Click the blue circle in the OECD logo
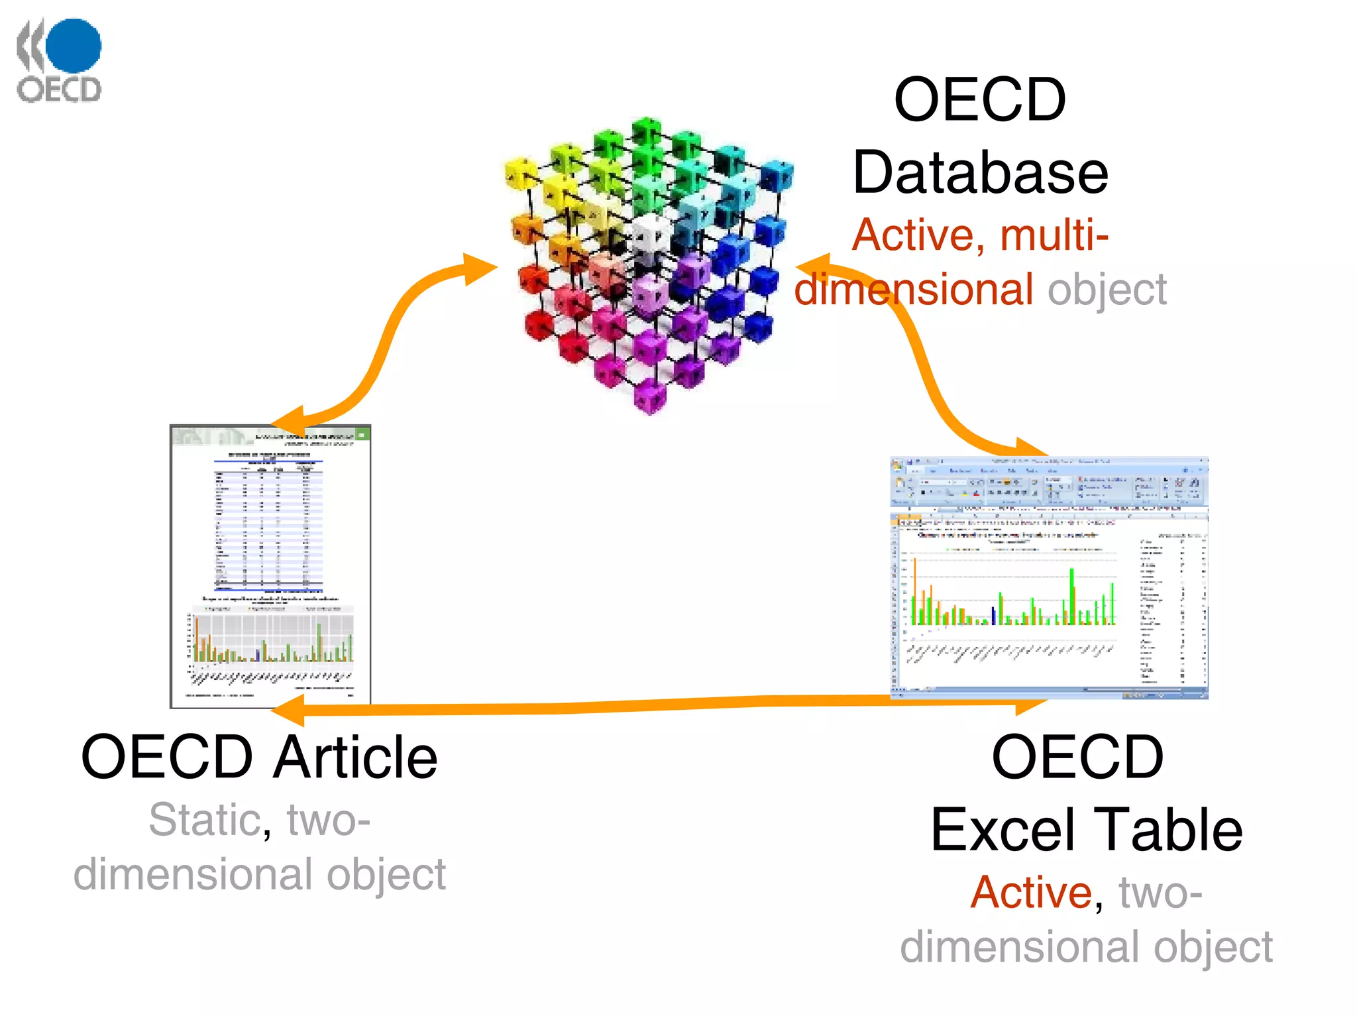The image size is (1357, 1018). tap(74, 45)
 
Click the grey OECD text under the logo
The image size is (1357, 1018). tap(60, 89)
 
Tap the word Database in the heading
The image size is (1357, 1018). tap(980, 172)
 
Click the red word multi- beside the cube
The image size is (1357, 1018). tap(1054, 235)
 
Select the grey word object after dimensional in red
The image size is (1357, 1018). tap(1107, 290)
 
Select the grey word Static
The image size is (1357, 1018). tap(204, 820)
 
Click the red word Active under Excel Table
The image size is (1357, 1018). tap(1031, 892)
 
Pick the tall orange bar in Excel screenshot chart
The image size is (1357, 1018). tap(915, 590)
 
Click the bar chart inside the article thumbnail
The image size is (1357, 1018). tap(272, 640)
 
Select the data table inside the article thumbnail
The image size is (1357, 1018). tap(268, 524)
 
